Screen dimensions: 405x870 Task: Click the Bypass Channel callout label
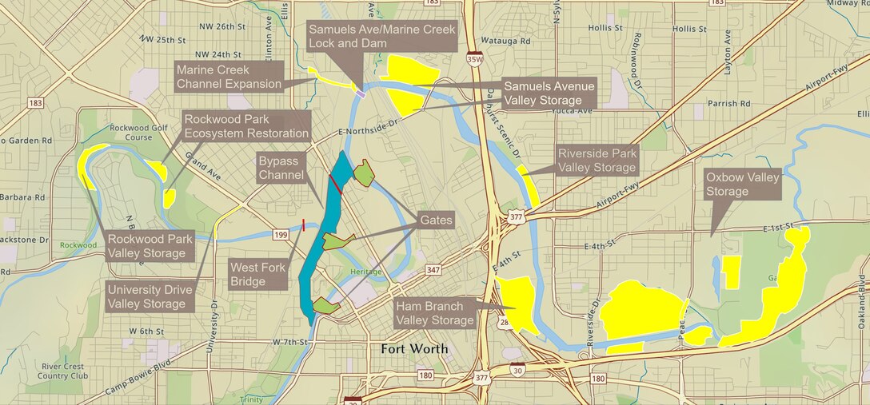click(281, 167)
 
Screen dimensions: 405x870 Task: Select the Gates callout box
click(435, 220)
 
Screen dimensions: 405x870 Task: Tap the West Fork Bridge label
click(257, 274)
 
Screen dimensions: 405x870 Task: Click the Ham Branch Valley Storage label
click(435, 313)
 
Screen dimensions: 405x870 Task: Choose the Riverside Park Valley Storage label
click(597, 161)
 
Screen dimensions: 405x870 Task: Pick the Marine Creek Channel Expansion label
click(229, 77)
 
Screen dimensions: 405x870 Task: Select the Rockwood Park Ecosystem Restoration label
click(246, 126)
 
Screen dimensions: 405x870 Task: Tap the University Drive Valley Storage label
click(146, 296)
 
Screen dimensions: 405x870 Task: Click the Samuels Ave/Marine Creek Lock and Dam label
click(382, 35)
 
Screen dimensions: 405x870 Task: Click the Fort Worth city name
click(414, 349)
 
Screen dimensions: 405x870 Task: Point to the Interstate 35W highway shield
click(474, 58)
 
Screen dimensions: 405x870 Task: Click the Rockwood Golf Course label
click(130, 132)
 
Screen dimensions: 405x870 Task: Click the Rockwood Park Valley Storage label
click(146, 246)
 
